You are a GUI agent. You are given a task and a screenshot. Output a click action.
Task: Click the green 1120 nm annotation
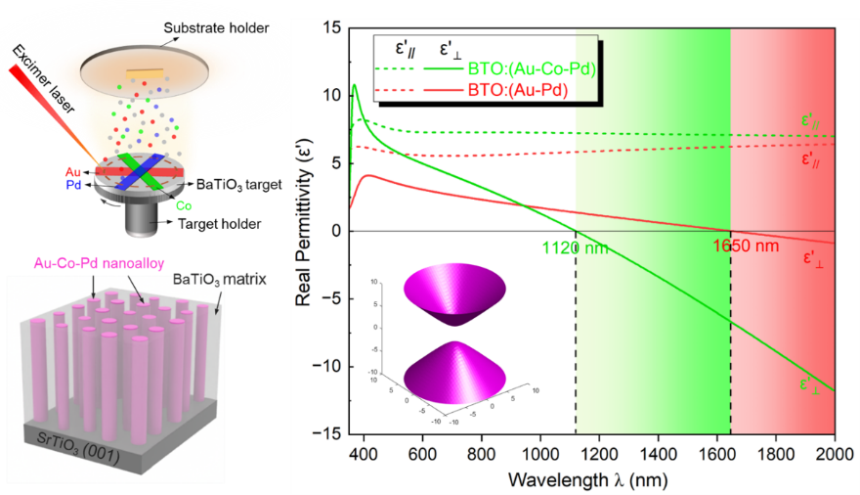(x=574, y=247)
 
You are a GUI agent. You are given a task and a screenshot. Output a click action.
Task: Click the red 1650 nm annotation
(x=752, y=247)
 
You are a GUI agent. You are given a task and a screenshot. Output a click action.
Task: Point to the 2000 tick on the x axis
(x=834, y=454)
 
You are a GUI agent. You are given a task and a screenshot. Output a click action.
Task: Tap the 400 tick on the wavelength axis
(x=364, y=454)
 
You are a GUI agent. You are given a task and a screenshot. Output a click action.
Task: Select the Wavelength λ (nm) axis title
(x=589, y=480)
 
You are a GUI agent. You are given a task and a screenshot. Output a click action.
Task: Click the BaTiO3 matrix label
(x=224, y=280)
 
